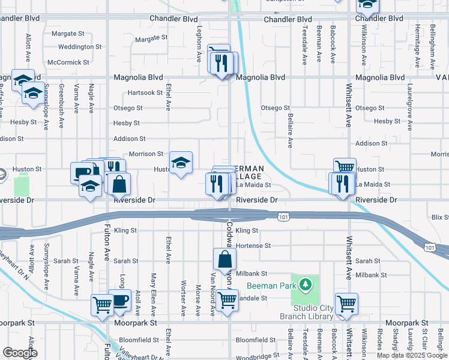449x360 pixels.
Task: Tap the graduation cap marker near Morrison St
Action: pyautogui.click(x=181, y=163)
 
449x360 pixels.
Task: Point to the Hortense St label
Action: pyautogui.click(x=253, y=246)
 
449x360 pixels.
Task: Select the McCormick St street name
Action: pyautogui.click(x=68, y=62)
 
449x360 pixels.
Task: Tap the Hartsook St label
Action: pyautogui.click(x=145, y=93)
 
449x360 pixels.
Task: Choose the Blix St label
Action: pyautogui.click(x=440, y=217)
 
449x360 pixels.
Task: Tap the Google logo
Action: pyautogui.click(x=20, y=353)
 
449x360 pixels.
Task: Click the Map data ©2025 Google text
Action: pyautogui.click(x=412, y=355)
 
